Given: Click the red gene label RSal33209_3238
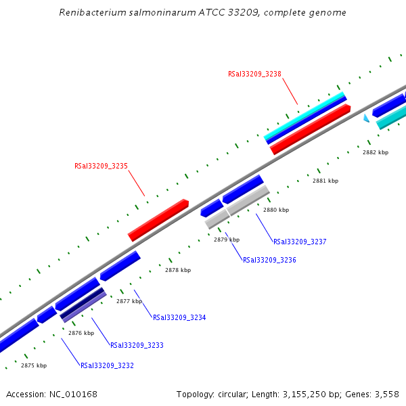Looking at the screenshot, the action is coord(254,74).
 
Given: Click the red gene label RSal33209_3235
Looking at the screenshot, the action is coord(101,166).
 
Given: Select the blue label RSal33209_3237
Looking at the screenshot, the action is coord(300,242).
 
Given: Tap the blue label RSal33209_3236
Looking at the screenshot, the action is coord(269,260).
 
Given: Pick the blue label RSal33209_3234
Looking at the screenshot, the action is coord(179,317).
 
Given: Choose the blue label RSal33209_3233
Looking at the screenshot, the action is coord(137,345).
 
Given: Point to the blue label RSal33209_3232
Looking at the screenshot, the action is coord(107,365).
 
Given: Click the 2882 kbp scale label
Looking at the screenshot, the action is coord(376,152).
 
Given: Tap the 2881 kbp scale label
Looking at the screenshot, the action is coord(325,181).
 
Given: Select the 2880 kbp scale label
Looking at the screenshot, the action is coord(276,210).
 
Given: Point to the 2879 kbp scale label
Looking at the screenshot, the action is coord(227,240).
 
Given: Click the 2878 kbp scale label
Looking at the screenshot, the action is coord(178,270).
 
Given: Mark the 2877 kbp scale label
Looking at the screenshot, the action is coord(129,301).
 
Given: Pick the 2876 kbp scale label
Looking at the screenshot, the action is coord(81,333).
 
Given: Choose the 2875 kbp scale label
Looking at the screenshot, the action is coord(34,365).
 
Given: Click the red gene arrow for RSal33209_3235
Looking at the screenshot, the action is coord(158,220).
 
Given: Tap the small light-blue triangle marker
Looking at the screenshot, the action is coord(366,118).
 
